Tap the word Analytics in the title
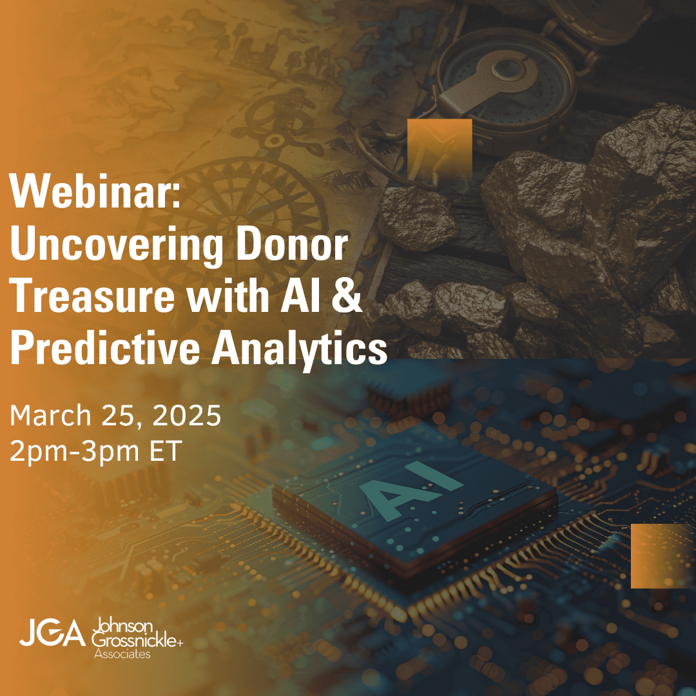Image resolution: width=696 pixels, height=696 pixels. (x=299, y=349)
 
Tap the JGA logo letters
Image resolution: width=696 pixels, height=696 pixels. (x=52, y=633)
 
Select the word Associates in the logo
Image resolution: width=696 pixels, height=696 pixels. (x=122, y=654)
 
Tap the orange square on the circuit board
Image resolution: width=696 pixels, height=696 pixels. (x=663, y=556)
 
